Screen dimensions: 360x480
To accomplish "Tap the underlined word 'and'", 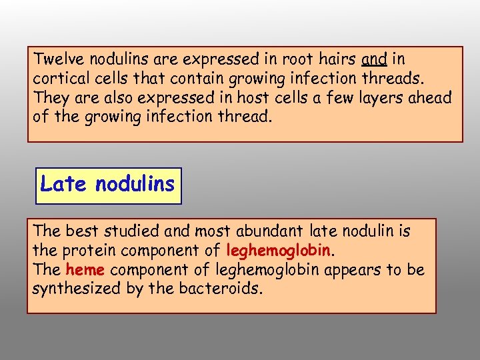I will (x=375, y=59).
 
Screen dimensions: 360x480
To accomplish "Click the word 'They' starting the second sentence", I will (x=49, y=98).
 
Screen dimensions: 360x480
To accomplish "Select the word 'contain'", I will (x=197, y=79).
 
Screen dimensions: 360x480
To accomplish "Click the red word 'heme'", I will (x=85, y=271).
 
